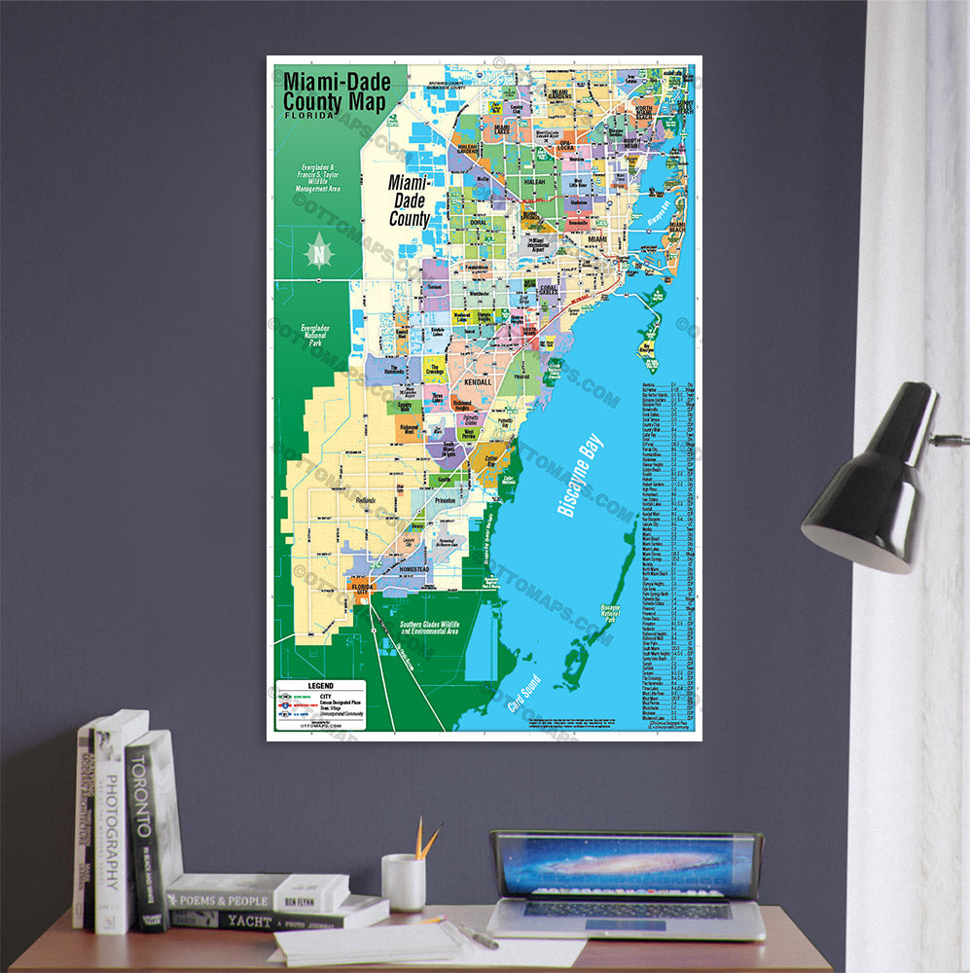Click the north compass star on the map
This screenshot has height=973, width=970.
[319, 251]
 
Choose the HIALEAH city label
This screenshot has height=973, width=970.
[535, 181]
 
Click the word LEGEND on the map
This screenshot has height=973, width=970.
[320, 685]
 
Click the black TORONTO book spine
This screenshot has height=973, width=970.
[146, 827]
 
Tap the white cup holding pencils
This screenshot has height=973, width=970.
[403, 882]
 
